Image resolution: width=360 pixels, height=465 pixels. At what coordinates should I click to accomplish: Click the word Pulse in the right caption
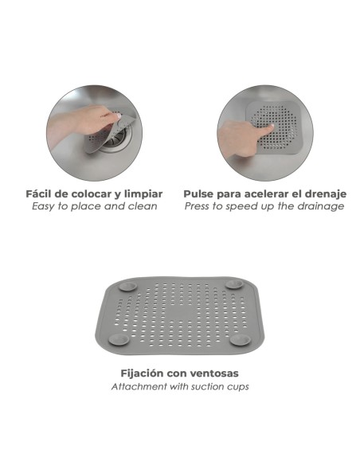click(x=199, y=193)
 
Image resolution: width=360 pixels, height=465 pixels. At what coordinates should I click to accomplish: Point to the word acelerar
click(x=264, y=193)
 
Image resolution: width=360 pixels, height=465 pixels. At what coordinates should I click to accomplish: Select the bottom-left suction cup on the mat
click(x=119, y=340)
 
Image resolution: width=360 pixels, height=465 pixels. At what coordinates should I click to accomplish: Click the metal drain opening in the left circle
click(x=115, y=142)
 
